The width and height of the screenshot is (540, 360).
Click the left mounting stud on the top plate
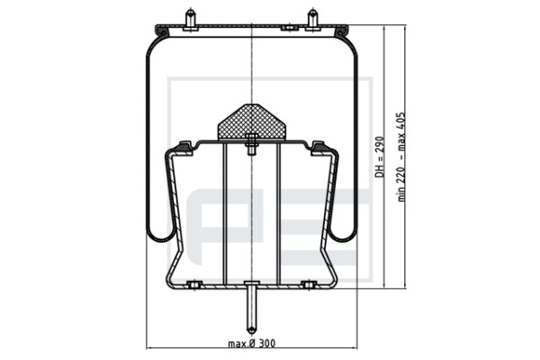[x=191, y=20]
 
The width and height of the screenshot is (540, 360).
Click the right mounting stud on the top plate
[x=312, y=20]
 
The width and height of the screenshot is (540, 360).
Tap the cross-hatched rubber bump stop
[x=252, y=122]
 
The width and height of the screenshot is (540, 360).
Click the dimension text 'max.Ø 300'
[x=252, y=344]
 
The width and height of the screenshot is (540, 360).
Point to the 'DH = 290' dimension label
[x=380, y=157]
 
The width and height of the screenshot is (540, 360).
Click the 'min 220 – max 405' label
[x=401, y=157]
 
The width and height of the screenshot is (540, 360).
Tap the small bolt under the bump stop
[x=252, y=144]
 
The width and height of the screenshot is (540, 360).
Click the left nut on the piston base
[x=194, y=284]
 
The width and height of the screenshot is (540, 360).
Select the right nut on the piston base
[x=309, y=284]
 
